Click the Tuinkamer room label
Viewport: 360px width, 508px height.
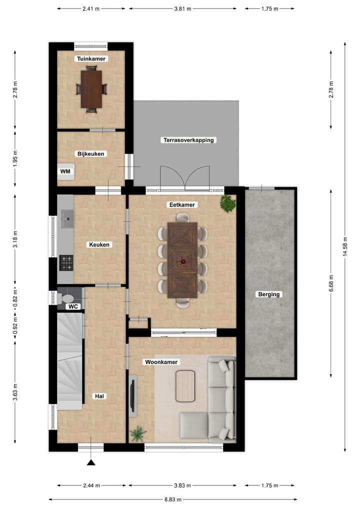(92, 58)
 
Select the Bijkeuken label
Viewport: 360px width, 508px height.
(90, 154)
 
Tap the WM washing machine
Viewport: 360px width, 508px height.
(65, 172)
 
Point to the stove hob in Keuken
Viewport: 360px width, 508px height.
(65, 261)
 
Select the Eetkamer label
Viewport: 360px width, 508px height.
(182, 205)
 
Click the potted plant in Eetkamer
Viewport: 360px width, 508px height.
(228, 203)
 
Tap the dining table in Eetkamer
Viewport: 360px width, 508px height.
(182, 260)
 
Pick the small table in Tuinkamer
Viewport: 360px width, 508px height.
(91, 89)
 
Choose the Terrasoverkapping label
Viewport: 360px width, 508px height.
(188, 140)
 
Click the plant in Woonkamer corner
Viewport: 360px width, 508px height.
(136, 434)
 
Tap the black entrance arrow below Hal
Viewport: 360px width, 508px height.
(91, 463)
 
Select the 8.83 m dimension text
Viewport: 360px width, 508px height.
(172, 499)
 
